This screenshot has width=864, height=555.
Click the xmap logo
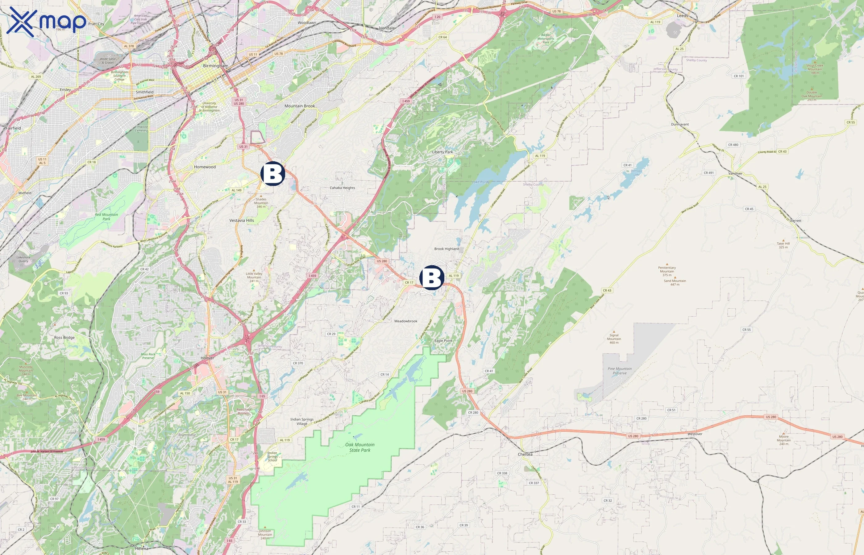(46, 22)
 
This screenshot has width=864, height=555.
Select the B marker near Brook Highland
(432, 278)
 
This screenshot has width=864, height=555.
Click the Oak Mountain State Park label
(359, 447)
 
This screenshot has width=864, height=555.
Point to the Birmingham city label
(216, 66)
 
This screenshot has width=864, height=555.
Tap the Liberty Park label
(442, 152)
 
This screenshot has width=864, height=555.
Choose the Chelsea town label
(525, 454)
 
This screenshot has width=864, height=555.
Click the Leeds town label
(682, 16)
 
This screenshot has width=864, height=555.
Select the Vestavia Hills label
(242, 220)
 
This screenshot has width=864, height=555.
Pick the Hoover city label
(207, 358)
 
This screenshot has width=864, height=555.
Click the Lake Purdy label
(481, 182)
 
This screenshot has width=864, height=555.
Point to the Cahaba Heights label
(342, 188)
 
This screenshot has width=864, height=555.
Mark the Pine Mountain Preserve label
(620, 371)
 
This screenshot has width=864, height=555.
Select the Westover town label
(695, 434)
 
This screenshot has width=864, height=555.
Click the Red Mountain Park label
(106, 216)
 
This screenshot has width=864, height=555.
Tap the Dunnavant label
(680, 124)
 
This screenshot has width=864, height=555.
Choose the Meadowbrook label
(406, 321)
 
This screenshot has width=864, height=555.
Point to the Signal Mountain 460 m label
(614, 339)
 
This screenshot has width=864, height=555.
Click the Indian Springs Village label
(302, 421)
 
